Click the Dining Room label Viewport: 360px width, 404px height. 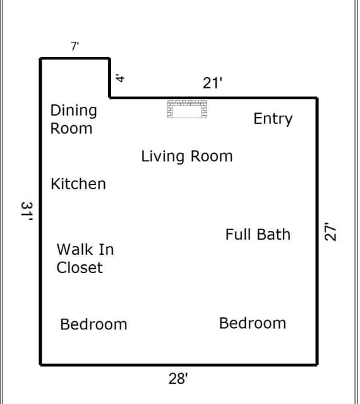(74, 119)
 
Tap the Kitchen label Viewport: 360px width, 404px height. (78, 184)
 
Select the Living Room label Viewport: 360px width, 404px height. (187, 156)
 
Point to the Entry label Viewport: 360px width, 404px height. (273, 119)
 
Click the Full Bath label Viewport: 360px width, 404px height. (258, 235)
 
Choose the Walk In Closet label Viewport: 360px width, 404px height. (85, 259)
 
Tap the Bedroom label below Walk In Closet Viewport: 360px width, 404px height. (93, 324)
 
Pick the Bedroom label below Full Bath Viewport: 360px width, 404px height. (253, 323)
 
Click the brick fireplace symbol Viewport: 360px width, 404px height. (187, 109)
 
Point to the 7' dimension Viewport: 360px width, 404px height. (75, 46)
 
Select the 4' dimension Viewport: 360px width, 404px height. (120, 78)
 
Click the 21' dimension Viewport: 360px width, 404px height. (212, 83)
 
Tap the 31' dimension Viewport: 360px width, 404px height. (27, 212)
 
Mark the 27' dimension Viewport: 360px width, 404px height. (330, 231)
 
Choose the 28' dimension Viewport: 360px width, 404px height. (178, 379)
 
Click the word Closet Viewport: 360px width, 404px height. (80, 267)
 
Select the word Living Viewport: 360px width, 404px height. (162, 156)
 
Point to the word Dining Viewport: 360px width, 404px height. (74, 111)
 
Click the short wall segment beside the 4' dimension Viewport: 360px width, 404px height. (110, 78)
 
